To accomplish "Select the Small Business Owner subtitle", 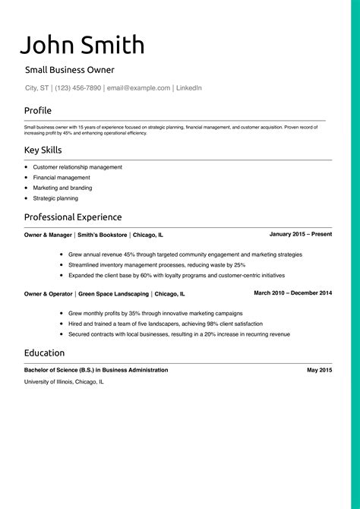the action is click(69, 70).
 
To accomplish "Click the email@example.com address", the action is click(138, 88).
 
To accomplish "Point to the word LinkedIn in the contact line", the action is click(189, 88).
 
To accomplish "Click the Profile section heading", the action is click(38, 110).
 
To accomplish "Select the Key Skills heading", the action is click(43, 150).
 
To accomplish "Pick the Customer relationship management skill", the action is click(77, 166).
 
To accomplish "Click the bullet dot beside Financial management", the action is click(27, 177).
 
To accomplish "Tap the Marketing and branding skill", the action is click(62, 188).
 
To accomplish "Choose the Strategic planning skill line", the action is click(55, 198).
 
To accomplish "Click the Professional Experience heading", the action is click(73, 217).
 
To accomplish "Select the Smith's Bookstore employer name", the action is click(103, 236).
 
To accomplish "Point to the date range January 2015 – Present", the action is click(300, 234).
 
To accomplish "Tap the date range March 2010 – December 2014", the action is click(292, 292).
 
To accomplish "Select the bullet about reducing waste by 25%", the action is click(156, 265).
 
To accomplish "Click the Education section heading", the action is click(44, 353).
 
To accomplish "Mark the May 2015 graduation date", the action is click(319, 369).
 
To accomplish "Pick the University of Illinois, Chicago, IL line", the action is click(64, 381).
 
